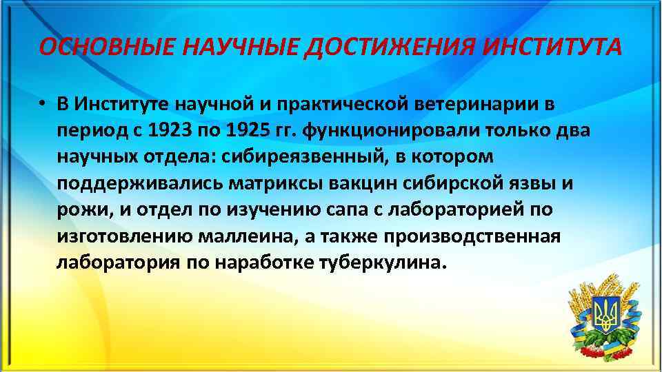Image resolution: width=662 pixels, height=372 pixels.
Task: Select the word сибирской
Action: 444,184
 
